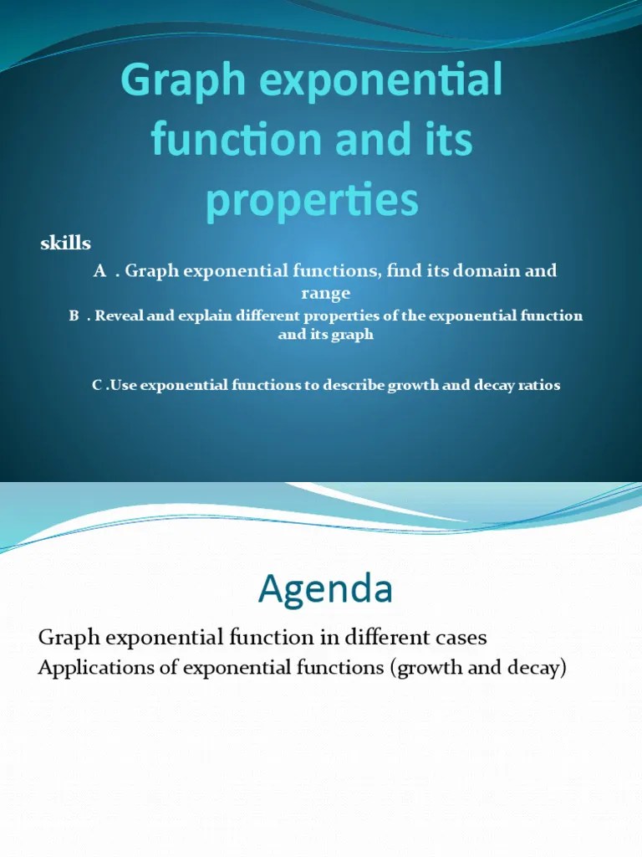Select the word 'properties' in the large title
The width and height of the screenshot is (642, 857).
pos(312,202)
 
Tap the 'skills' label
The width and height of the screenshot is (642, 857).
pos(66,244)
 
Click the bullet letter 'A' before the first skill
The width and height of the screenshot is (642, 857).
pos(100,271)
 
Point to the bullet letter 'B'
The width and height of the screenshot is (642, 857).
pos(74,316)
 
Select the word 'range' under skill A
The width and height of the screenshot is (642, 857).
pos(325,293)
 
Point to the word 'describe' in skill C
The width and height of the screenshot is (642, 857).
pos(350,386)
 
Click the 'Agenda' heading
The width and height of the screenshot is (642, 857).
pos(325,590)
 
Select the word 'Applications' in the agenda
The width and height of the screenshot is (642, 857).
pos(91,669)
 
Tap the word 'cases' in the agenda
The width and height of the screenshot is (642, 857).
pos(456,638)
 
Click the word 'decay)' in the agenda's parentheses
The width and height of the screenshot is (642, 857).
pos(540,669)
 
